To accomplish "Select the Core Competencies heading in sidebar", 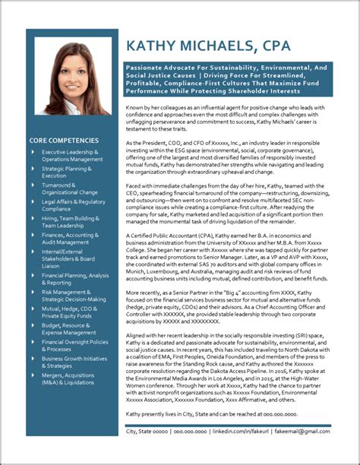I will (x=64, y=141).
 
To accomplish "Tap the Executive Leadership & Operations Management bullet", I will (x=71, y=156).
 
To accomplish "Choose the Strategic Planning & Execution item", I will (x=67, y=172).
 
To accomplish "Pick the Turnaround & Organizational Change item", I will (x=69, y=189).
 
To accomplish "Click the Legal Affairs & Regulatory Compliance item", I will (x=73, y=206).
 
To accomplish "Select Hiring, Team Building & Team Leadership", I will (x=70, y=222).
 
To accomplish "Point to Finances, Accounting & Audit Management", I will (x=71, y=239).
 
